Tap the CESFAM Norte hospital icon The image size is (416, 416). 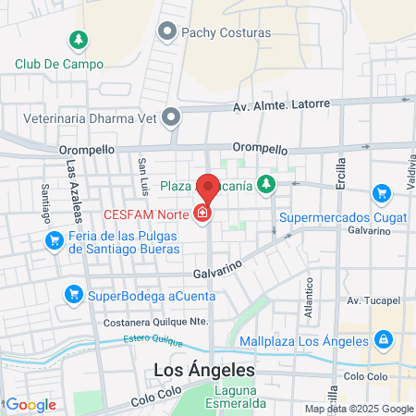click(x=202, y=214)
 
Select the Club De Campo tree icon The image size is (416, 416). click(x=79, y=40)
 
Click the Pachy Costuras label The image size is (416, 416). click(x=226, y=32)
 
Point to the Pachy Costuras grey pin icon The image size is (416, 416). click(x=168, y=32)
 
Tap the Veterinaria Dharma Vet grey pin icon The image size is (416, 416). click(x=171, y=117)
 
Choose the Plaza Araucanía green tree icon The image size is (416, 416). click(x=266, y=185)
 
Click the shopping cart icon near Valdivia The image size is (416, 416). click(x=381, y=193)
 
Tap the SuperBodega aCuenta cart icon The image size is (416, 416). click(x=72, y=295)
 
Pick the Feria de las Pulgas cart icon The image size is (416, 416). click(x=55, y=241)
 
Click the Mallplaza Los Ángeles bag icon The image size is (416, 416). click(x=381, y=340)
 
